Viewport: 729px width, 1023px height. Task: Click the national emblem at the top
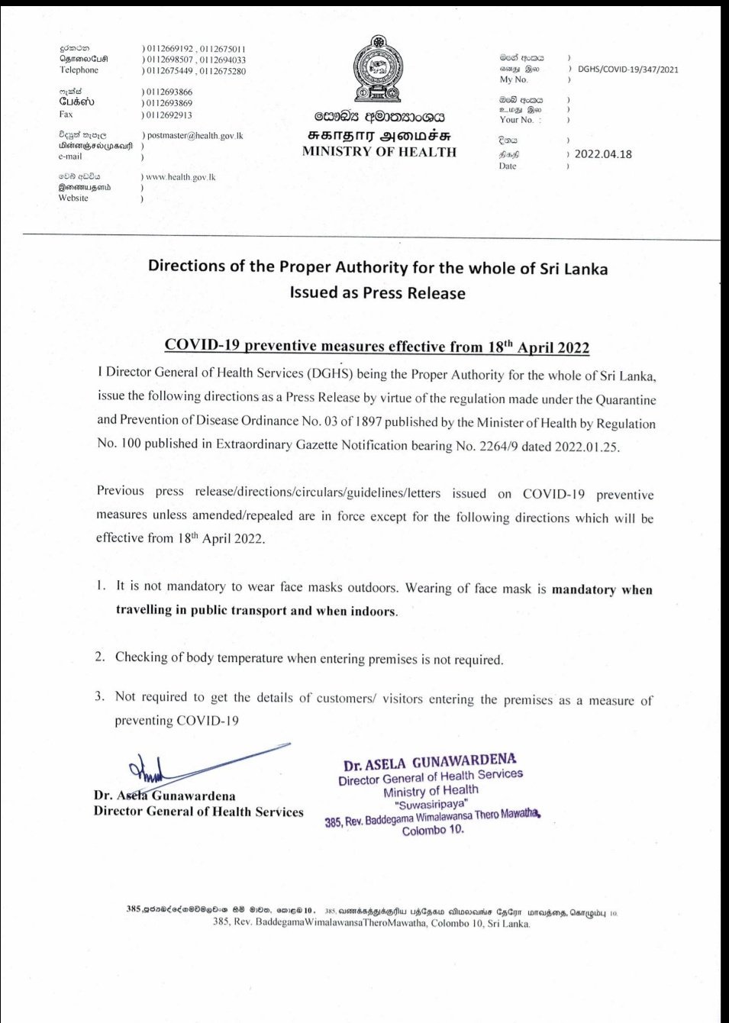point(377,69)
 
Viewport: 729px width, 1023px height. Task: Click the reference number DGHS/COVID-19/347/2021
point(627,69)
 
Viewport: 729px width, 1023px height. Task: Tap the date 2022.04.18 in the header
point(603,153)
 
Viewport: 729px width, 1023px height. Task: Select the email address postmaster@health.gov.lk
point(195,135)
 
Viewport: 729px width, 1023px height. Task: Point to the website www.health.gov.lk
point(180,177)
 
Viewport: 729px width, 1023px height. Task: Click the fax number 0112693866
point(169,92)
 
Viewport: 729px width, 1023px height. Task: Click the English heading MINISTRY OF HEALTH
point(379,151)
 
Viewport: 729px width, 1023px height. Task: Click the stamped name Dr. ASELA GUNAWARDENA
point(429,762)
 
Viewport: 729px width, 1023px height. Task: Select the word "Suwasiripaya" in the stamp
point(431,804)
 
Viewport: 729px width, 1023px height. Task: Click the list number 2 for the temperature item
point(100,657)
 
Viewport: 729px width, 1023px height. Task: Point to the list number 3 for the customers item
point(100,696)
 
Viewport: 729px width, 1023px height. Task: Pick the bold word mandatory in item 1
point(584,589)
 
